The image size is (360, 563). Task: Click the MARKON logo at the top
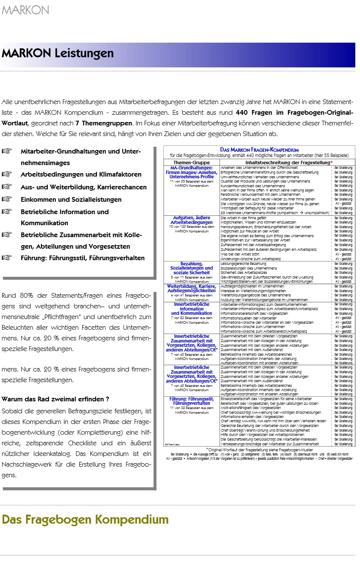tap(25, 10)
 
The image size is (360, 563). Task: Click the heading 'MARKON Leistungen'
tap(58, 53)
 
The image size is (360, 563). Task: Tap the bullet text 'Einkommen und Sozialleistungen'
tap(71, 199)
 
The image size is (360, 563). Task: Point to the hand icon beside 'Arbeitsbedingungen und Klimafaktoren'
tap(7, 174)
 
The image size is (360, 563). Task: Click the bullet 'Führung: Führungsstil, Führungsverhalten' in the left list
tap(82, 258)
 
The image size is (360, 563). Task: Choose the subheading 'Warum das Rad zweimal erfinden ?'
tap(55, 399)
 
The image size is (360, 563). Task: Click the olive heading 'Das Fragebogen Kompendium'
tap(85, 519)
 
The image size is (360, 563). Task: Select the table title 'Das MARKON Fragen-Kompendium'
tap(259, 150)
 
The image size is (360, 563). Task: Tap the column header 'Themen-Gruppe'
tap(192, 163)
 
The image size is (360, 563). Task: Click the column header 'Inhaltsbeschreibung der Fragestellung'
tap(287, 163)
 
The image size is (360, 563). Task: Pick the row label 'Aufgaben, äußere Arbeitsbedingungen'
tap(192, 220)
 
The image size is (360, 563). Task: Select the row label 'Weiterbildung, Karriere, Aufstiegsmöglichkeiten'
tap(192, 288)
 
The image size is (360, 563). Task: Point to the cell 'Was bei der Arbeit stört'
tap(239, 254)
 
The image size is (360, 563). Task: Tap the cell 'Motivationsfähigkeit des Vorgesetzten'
tap(252, 408)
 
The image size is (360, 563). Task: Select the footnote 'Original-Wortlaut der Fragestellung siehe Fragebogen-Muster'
tap(259, 450)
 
